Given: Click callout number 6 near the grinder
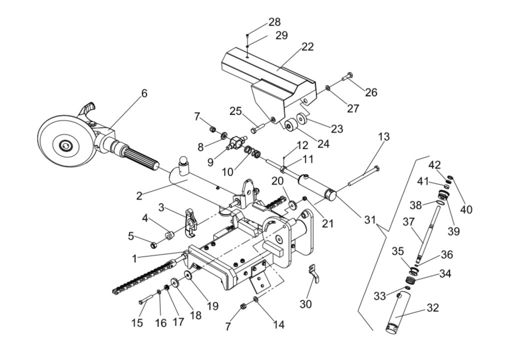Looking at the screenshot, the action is pos(143,93).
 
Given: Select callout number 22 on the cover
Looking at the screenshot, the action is pos(307,46).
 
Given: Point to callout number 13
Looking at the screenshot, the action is pos(383,136).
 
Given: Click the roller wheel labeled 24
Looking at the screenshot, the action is pos(290,125).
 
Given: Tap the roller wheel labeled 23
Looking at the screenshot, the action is pos(302,118).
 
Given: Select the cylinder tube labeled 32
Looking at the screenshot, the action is pos(397,311).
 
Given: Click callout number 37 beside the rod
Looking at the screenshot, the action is pos(409,222).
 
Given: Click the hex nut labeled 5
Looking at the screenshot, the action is pos(154,245).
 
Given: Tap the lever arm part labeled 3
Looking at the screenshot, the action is pos(190,222).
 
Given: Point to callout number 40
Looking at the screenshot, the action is pos(466,209).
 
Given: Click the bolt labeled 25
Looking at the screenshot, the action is pos(257,127).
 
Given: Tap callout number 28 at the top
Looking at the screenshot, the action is pos(274,22).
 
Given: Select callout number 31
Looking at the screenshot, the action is pos(370,219).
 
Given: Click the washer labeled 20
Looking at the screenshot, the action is pos(293,205).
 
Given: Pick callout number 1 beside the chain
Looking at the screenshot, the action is pos(134,259).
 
